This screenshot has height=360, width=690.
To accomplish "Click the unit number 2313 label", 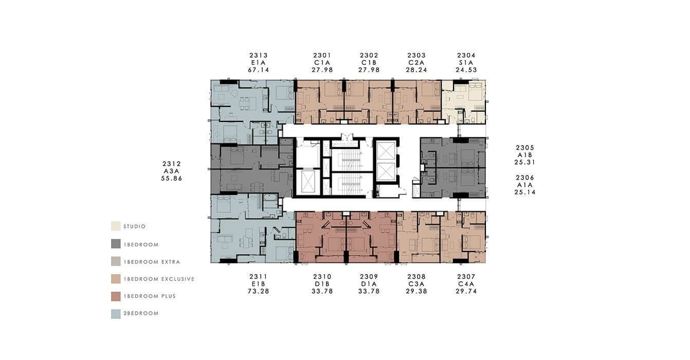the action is (x=259, y=56).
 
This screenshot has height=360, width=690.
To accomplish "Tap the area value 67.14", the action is (x=259, y=70).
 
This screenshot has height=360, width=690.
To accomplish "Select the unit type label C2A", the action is (x=416, y=63).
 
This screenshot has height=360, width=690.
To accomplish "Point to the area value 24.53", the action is (x=466, y=70).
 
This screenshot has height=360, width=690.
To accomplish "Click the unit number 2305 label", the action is (x=525, y=148).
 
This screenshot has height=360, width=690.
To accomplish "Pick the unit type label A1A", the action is (x=525, y=185).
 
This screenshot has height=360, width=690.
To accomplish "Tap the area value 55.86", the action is (x=172, y=178).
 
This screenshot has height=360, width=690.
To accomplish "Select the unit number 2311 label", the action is (x=259, y=277).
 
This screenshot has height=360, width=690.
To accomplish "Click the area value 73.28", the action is (x=259, y=291).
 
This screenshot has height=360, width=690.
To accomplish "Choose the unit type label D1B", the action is (x=322, y=284).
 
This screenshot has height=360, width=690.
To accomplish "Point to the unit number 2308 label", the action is (x=416, y=277).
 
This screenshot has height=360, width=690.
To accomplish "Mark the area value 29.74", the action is (x=466, y=291).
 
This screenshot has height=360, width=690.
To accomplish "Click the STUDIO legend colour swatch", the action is (x=116, y=226).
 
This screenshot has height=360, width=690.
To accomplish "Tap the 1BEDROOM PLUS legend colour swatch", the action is (x=116, y=296).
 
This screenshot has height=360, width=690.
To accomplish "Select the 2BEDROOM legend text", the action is (x=141, y=314).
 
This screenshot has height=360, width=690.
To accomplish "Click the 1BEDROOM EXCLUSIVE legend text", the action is (x=159, y=279).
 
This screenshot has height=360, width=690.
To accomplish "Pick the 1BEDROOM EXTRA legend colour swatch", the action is (x=116, y=262).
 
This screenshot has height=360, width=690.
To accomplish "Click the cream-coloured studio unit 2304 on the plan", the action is (x=464, y=102).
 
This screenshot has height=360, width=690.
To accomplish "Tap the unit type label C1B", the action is (x=369, y=63).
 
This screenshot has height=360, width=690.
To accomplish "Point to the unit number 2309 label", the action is (x=369, y=277).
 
